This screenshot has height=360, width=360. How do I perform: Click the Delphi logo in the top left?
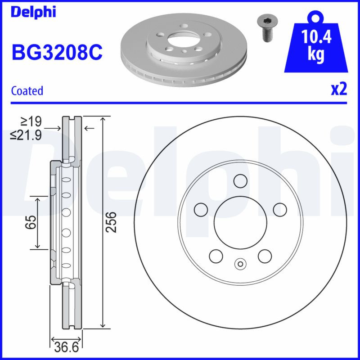[x=33, y=12]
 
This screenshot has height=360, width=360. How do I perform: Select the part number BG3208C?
[x=57, y=53]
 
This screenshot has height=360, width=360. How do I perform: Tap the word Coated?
[x=27, y=90]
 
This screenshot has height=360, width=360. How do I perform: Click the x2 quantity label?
[x=339, y=89]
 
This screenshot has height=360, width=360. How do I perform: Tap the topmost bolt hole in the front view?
[x=240, y=180]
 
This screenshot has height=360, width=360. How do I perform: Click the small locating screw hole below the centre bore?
[x=240, y=264]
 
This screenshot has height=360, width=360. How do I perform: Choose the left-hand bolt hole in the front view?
[x=200, y=210]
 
